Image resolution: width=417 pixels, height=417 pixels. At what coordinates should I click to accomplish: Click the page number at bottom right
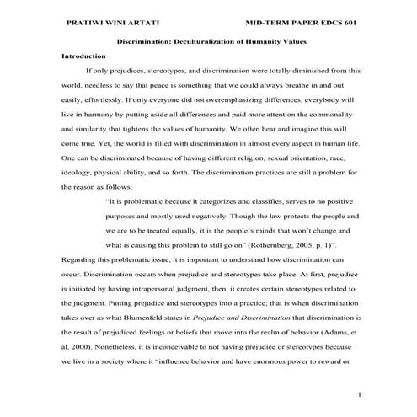click(359, 394)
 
